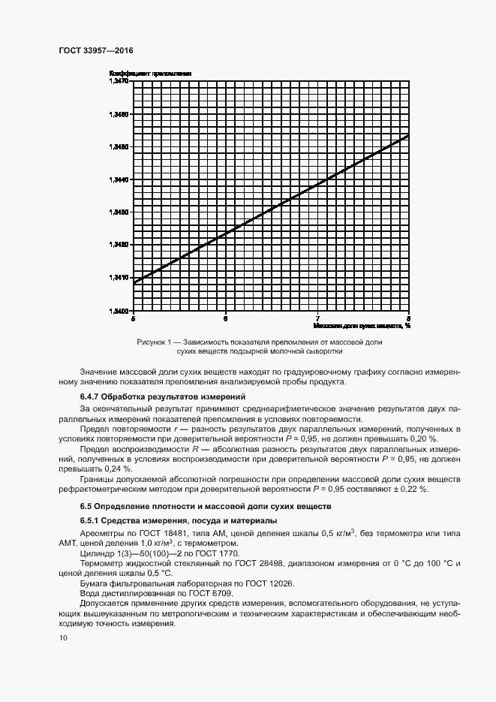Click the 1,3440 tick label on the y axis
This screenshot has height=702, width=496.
119,179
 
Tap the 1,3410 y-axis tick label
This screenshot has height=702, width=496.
119,278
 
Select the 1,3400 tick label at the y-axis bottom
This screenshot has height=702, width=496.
119,310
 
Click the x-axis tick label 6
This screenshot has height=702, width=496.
225,318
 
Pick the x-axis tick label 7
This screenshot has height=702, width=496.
317,318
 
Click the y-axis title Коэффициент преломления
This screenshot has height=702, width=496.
151,73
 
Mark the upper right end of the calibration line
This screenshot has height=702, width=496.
408,135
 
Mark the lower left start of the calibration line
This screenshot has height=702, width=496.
134,282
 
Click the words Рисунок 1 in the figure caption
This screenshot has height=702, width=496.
155,342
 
